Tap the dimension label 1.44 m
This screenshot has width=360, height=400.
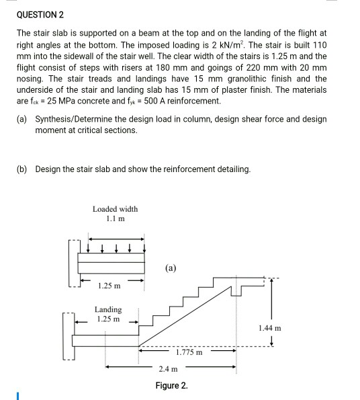269,328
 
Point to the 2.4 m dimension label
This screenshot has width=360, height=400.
169,369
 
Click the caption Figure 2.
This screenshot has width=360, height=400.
171,385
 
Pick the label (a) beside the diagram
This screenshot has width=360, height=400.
171,268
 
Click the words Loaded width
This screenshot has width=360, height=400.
115,209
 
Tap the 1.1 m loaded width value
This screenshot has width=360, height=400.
115,219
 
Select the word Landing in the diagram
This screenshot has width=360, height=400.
108,309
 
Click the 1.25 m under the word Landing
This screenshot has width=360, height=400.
108,319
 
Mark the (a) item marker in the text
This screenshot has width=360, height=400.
22,119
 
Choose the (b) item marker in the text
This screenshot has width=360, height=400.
22,169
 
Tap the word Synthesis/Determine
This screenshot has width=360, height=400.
75,119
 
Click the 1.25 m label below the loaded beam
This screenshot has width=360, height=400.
109,286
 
